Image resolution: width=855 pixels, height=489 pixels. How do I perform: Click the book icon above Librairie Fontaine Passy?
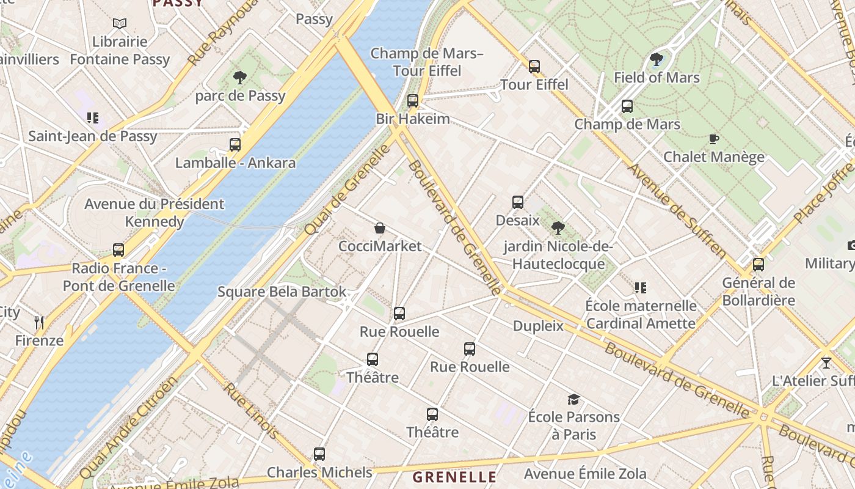coord(120,24)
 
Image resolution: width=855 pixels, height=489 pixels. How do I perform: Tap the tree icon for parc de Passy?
coord(240,78)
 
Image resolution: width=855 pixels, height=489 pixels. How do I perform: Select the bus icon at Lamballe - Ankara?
coord(235,145)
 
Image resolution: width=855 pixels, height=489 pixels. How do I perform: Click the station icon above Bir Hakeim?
coord(413,101)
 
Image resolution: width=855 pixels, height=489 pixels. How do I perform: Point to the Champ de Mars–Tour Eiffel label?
coord(427,62)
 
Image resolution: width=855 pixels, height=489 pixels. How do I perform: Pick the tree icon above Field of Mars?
coord(657,59)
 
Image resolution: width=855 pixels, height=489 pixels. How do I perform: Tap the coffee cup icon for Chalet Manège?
coord(713,139)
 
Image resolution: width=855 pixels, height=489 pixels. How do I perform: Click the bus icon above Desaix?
coord(518,202)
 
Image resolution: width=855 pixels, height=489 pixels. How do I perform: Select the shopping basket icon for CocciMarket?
coord(380,229)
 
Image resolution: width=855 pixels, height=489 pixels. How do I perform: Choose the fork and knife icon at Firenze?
coord(39,322)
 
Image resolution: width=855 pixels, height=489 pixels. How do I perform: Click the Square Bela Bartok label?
coord(282,292)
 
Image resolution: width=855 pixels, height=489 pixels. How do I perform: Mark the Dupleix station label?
coord(538,326)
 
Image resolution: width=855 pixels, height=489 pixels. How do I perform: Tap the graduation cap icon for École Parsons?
coord(573,400)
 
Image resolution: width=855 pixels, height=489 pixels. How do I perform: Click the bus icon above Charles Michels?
coord(319,454)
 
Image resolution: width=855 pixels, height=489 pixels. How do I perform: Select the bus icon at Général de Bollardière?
coord(759,265)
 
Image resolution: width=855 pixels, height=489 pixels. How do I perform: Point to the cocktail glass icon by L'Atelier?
coord(826,362)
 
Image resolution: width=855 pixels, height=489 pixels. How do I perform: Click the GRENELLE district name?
coord(454,477)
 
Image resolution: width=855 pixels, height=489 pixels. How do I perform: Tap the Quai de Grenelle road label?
coord(346,189)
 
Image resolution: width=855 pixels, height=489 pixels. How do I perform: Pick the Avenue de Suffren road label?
coord(678,211)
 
